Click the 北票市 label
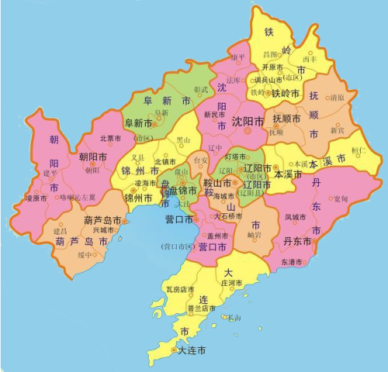tap(111, 139)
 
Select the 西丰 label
tap(310, 59)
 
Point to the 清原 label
tap(337, 98)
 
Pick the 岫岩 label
tap(254, 235)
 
